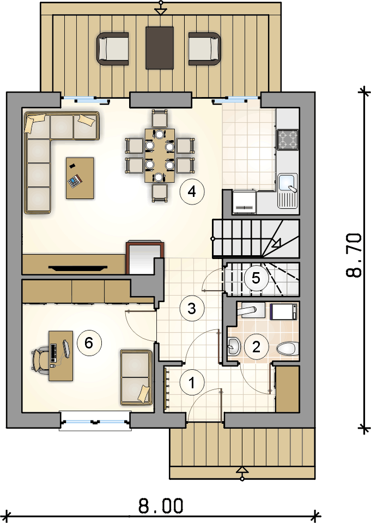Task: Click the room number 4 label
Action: [192, 191]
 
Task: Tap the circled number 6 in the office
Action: [89, 342]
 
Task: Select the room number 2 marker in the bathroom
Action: [257, 347]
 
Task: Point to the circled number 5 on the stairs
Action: [256, 278]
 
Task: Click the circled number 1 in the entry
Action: [192, 383]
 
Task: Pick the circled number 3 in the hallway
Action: [192, 309]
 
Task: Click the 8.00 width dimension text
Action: [161, 506]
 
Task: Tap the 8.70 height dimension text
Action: [354, 255]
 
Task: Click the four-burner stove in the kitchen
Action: [288, 139]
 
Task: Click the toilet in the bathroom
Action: [287, 349]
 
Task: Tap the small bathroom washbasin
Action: [234, 346]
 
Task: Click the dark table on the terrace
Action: [160, 48]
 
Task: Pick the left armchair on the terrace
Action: [113, 49]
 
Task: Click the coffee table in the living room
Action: [80, 178]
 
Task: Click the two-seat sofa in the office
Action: [136, 377]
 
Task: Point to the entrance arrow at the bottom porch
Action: [242, 473]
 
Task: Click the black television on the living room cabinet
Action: [78, 267]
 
